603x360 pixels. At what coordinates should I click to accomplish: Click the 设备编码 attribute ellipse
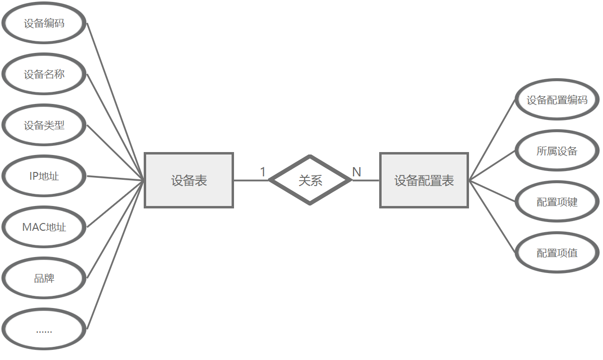click(x=44, y=23)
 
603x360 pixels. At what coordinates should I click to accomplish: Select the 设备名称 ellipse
click(x=44, y=74)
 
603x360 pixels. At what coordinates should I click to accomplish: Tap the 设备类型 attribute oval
click(x=44, y=125)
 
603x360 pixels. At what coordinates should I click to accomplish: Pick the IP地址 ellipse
click(x=44, y=176)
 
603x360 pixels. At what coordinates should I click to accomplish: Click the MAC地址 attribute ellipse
click(x=44, y=227)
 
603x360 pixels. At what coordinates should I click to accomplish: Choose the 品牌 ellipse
click(x=44, y=278)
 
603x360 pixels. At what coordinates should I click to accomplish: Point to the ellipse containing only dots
click(x=44, y=330)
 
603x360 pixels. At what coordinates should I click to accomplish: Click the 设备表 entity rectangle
click(x=189, y=181)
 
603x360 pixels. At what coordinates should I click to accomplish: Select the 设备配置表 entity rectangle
click(x=424, y=181)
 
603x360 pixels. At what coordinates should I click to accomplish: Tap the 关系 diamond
click(x=310, y=181)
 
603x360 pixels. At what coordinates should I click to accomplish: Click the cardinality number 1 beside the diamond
click(x=263, y=172)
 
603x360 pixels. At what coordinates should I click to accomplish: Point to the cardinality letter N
click(x=356, y=172)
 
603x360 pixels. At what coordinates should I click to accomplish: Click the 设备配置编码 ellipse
click(x=557, y=100)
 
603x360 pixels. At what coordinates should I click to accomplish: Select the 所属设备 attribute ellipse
click(x=557, y=151)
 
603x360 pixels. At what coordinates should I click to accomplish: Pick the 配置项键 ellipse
click(x=557, y=202)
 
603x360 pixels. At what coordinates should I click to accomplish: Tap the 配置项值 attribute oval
click(x=557, y=253)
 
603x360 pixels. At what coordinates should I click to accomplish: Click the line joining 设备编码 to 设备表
click(x=115, y=101)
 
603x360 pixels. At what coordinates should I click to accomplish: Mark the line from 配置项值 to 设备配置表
click(x=491, y=217)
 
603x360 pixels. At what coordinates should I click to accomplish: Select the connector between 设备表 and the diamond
click(x=251, y=181)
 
